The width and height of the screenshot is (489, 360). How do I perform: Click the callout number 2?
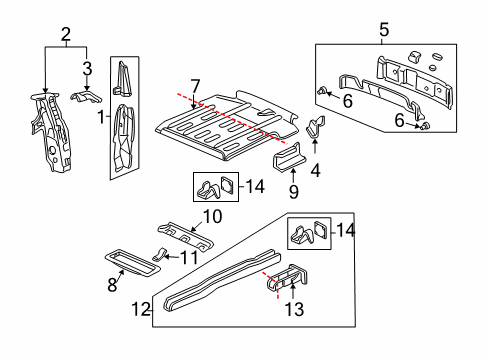(65, 36)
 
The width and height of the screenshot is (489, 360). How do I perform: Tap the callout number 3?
(87, 68)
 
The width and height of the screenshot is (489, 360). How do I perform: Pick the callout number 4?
(317, 169)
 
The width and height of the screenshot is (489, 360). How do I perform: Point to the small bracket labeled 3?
(86, 100)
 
